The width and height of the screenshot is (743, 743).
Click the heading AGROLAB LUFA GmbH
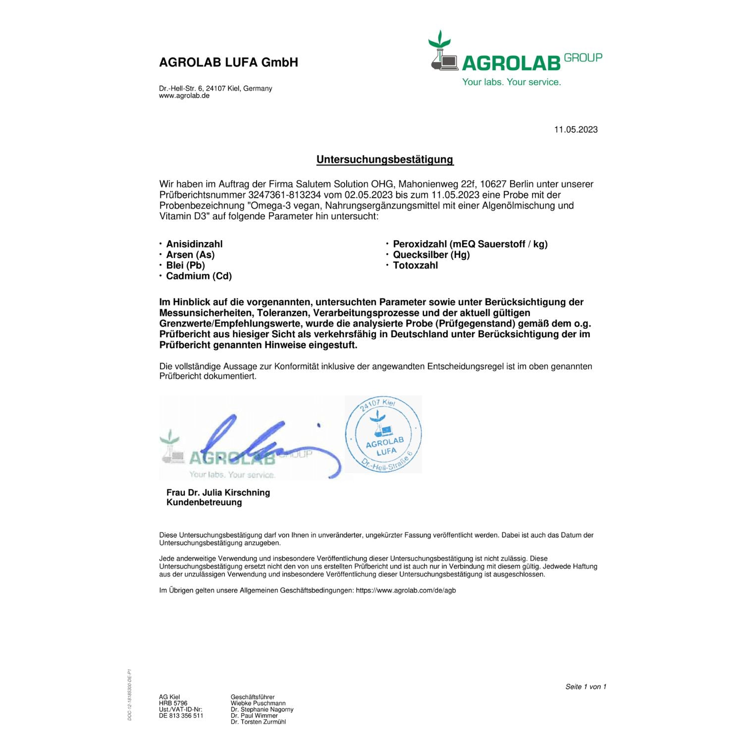228,62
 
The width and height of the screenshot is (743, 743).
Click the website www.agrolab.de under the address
184,96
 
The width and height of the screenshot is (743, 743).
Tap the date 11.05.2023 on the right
576,130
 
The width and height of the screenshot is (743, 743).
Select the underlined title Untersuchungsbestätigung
385,159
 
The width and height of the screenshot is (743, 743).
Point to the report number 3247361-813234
284,195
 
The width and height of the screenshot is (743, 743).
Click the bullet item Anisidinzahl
194,244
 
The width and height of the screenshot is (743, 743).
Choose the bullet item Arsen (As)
190,255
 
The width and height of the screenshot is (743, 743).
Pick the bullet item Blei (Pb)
185,265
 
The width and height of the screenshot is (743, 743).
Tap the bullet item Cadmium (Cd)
199,276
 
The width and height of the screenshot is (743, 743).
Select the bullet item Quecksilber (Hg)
431,255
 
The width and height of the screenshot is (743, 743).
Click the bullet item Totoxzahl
415,265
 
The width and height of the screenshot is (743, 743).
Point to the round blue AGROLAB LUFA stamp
383,434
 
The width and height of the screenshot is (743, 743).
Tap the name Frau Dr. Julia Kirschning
218,492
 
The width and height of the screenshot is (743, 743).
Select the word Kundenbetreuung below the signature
204,502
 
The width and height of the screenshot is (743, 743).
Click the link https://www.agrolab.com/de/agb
406,590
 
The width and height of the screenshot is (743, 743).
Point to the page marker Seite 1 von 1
585,687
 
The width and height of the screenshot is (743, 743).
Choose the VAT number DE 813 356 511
181,716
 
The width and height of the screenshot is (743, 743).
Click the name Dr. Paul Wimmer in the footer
254,716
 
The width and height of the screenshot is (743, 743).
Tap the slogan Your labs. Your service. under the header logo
511,82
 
